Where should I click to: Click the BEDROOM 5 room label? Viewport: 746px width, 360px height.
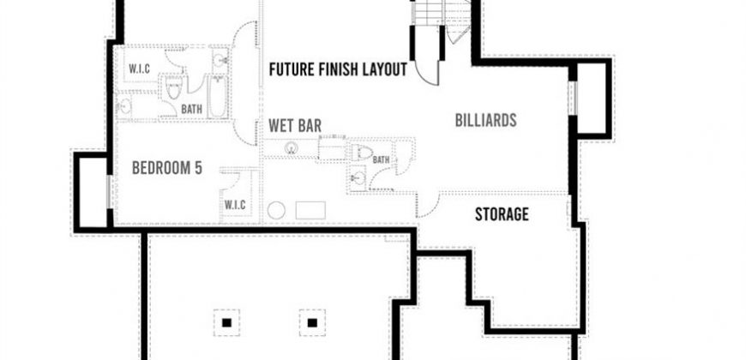167,168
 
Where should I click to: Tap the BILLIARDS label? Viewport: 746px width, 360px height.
485,120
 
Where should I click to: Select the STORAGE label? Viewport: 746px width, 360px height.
502,214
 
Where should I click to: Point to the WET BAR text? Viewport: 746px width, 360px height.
295,126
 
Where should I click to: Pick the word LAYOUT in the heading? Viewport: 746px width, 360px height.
384,69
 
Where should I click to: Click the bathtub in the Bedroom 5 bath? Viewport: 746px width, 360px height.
218,97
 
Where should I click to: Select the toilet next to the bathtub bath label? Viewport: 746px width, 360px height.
174,87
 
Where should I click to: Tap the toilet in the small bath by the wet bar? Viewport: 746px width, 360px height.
361,153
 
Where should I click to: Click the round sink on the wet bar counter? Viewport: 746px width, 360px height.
292,148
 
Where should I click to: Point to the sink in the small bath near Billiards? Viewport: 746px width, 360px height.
358,179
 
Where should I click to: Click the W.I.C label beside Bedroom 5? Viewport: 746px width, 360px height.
235,205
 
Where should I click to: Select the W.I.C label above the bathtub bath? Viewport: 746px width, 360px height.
140,69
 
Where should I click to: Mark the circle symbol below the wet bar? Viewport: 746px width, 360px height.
276,210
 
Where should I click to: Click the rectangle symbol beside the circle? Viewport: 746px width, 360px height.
310,210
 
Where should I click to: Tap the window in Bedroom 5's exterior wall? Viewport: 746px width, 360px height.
109,192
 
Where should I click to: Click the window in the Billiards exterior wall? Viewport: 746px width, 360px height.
573,98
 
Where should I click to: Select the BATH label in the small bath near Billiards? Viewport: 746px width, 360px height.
381,160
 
